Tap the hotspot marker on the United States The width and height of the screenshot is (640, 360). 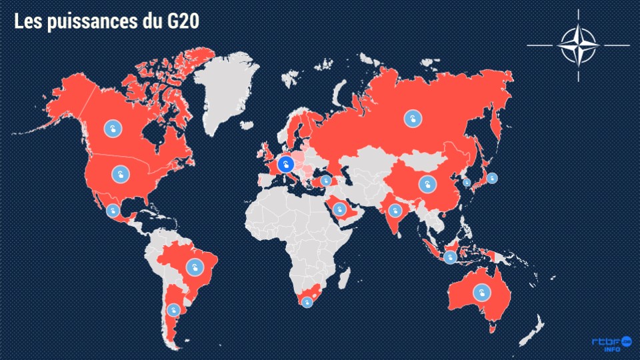pyautogui.click(x=120, y=175)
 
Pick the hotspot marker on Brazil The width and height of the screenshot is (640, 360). pyautogui.click(x=195, y=267)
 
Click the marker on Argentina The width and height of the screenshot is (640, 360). pyautogui.click(x=173, y=309)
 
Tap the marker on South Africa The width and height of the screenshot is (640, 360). pyautogui.click(x=307, y=302)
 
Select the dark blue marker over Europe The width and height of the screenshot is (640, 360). pyautogui.click(x=285, y=165)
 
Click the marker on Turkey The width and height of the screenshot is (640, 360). pyautogui.click(x=326, y=180)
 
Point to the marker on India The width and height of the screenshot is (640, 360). pyautogui.click(x=395, y=211)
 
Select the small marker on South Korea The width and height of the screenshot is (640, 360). pyautogui.click(x=467, y=181)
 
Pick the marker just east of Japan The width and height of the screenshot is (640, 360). pyautogui.click(x=492, y=178)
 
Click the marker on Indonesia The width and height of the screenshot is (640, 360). pyautogui.click(x=450, y=257)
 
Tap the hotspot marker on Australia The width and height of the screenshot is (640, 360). pyautogui.click(x=480, y=292)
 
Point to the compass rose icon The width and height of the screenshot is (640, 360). pyautogui.click(x=578, y=45)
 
